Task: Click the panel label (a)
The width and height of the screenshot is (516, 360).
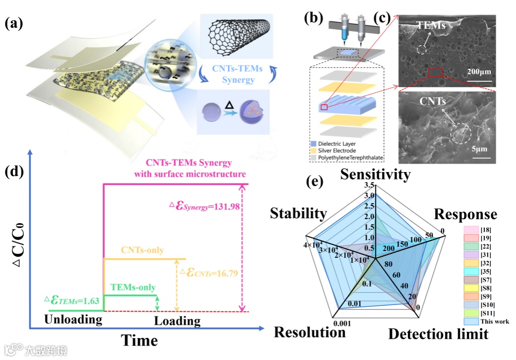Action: tap(16, 23)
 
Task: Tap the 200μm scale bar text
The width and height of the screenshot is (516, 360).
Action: tap(478, 72)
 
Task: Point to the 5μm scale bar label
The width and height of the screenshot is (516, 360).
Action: tap(480, 149)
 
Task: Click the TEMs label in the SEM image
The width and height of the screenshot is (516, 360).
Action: tap(431, 25)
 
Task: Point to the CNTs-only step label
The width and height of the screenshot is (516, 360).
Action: tap(144, 250)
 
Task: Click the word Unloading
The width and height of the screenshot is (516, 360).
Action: tap(73, 319)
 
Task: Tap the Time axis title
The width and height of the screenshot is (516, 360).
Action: tap(139, 341)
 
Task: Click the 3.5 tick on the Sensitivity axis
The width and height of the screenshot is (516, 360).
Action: tap(368, 185)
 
